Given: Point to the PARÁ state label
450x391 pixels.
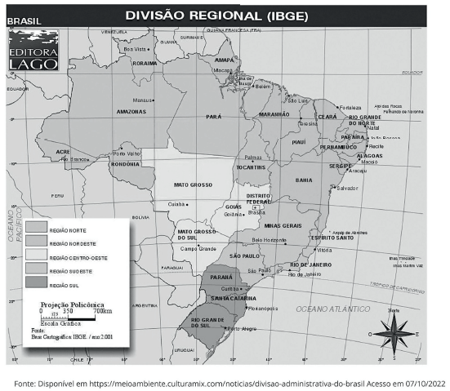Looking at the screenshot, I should [214, 117].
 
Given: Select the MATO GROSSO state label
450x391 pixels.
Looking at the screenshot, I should [194, 184].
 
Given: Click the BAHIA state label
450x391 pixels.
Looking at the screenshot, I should [303, 179].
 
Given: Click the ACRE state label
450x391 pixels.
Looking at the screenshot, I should [63, 152].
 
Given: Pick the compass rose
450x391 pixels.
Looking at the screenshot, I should [393, 331].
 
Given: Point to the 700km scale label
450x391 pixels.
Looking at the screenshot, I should [102, 311].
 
